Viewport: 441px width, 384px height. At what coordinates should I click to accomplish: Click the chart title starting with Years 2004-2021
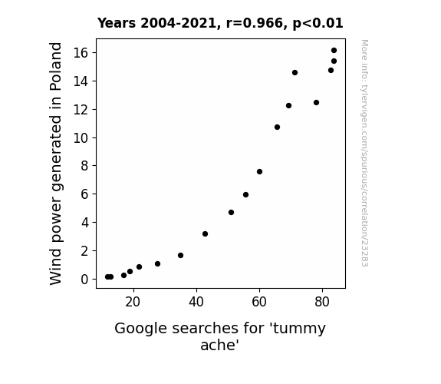click(220, 23)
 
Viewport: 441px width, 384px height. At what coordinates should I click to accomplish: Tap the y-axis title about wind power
click(56, 164)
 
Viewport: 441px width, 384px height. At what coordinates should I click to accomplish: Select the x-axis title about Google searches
click(220, 336)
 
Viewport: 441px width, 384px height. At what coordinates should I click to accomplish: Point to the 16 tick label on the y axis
click(81, 53)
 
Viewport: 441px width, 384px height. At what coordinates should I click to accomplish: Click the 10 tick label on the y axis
click(81, 137)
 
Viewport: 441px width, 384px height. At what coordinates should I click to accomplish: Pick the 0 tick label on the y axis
click(84, 280)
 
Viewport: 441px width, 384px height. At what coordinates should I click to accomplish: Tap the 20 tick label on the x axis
click(133, 302)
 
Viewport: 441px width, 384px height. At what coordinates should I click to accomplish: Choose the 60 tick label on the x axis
click(259, 302)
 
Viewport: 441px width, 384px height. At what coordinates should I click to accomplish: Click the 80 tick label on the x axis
click(322, 302)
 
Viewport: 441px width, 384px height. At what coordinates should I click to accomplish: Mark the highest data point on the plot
click(334, 51)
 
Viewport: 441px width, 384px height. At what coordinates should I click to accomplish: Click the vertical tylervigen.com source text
click(364, 153)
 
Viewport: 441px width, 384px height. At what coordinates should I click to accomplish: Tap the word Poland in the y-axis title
click(56, 67)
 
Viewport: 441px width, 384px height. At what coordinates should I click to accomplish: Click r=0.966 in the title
click(254, 23)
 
